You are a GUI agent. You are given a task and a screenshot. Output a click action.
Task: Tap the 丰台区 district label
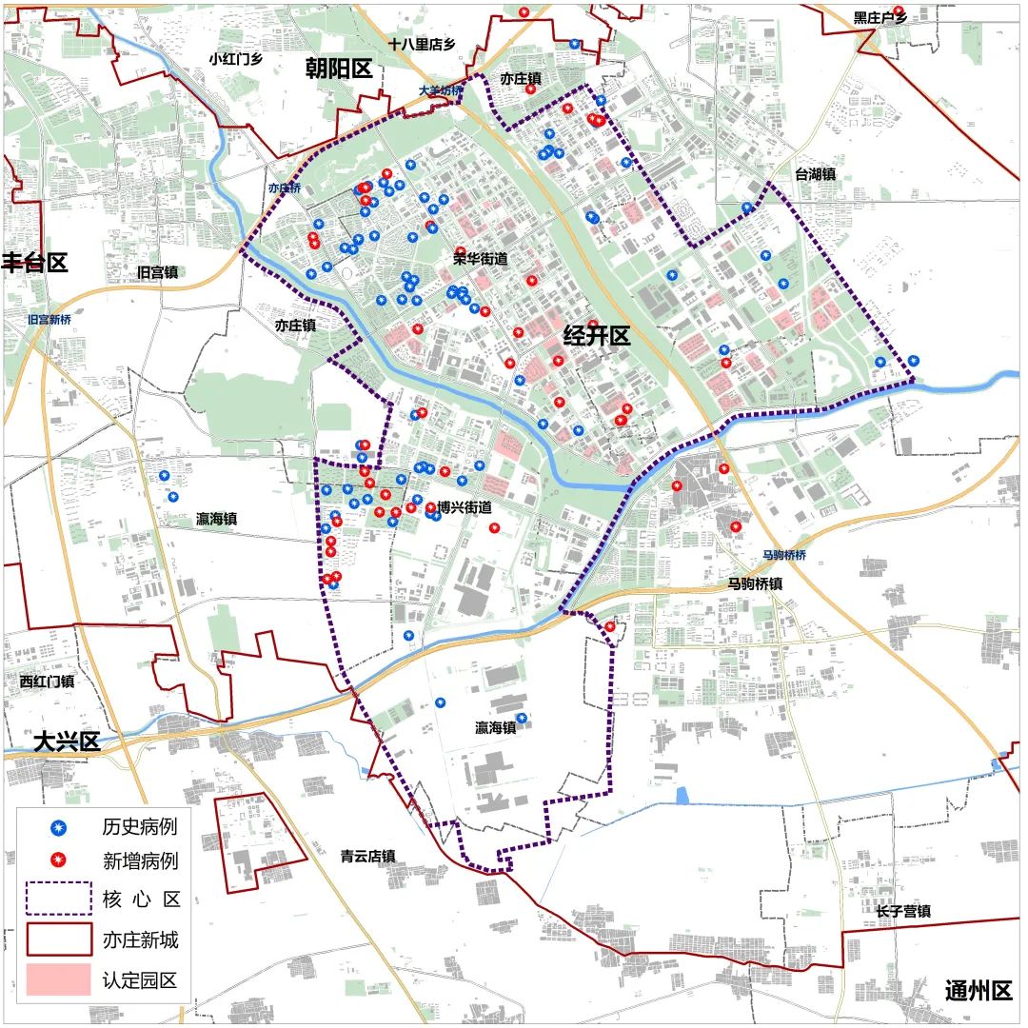pos(34,263)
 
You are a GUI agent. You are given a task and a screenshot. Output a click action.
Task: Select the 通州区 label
pos(979,990)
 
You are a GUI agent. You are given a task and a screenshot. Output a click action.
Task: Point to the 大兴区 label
pos(67,742)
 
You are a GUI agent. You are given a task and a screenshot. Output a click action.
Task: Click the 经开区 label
pos(597,336)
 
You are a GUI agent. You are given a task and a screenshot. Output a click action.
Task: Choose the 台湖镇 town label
pos(816,174)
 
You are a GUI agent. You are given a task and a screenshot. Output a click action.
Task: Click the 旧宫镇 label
pos(157,272)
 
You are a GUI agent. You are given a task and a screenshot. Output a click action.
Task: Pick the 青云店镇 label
pos(368,856)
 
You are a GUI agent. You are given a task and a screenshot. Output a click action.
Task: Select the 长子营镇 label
pos(903,911)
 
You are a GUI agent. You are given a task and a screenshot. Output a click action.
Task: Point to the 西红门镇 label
pos(47,681)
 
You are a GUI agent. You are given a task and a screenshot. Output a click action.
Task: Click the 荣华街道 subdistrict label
pos(480,258)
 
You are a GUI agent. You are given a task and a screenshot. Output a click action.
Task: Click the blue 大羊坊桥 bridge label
pos(441,91)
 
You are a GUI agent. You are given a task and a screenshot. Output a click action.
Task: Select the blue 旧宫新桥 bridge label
pos(49,320)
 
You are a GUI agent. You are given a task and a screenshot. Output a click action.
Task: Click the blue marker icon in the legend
pos(59,826)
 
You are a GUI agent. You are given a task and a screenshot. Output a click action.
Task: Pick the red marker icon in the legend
pos(59,861)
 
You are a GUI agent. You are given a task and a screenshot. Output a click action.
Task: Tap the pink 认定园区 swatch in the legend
pos(59,979)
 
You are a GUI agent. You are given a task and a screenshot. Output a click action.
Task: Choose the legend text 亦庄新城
pos(140,940)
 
